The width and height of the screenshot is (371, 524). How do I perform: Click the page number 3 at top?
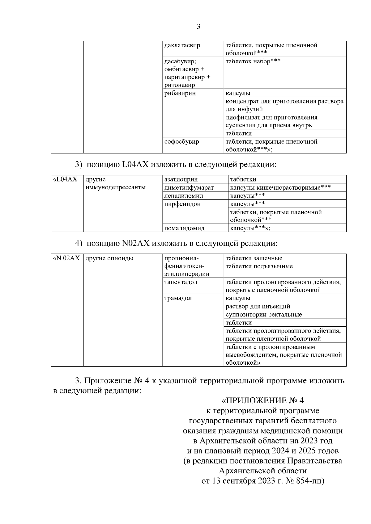coord(198,27)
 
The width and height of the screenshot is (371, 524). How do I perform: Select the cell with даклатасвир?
coord(182,45)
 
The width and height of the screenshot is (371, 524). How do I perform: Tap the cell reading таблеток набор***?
coord(253,61)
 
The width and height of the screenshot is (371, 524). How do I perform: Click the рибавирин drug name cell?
coord(180,93)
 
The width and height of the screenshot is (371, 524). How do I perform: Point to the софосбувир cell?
coord(181,142)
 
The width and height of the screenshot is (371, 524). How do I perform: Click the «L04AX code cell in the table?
coord(65,179)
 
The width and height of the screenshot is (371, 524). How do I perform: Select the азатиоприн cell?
coord(181,179)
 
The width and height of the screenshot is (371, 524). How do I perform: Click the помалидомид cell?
coord(184,228)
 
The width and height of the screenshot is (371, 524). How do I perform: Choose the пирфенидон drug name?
coord(182,204)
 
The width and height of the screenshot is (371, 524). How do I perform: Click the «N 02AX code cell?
coord(66,258)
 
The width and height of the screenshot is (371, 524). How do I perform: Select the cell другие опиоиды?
coord(109,258)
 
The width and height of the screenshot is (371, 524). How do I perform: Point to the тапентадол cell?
coord(181,282)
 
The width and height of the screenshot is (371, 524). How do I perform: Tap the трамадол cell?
coord(178,298)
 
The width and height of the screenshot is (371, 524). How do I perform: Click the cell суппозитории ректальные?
coord(264,315)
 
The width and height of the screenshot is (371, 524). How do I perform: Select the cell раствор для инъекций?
coord(258,306)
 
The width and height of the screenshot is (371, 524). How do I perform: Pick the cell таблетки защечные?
coord(254,258)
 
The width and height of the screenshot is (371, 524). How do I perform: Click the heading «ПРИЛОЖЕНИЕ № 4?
coord(263,400)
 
